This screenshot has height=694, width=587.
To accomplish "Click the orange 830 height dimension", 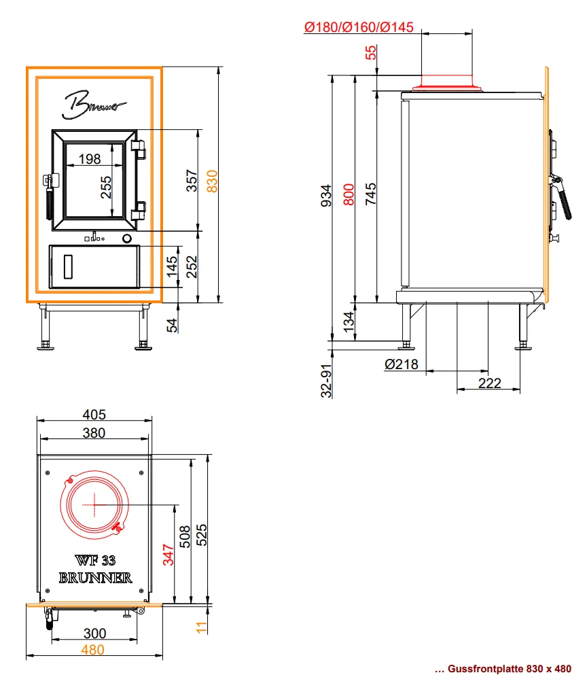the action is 213,181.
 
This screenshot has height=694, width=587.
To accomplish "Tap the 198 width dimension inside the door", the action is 90,158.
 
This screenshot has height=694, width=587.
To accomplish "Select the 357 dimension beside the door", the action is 192,181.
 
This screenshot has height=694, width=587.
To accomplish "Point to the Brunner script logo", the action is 94,105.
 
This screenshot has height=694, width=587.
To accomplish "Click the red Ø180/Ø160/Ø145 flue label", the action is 359,27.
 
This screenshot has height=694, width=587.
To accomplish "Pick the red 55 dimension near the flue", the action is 371,52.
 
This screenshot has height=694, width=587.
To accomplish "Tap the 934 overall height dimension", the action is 326,196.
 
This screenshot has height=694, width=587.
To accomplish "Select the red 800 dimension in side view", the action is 349,195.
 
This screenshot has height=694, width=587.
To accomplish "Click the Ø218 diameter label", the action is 402,364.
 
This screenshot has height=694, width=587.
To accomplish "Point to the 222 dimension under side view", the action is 490,383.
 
